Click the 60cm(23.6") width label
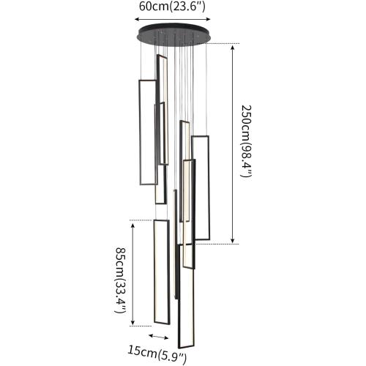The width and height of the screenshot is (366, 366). [x=172, y=7]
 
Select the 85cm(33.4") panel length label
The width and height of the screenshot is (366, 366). [x=120, y=280]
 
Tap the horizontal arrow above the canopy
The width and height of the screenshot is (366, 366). [x=173, y=19]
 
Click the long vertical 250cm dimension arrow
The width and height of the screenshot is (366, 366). [x=233, y=144]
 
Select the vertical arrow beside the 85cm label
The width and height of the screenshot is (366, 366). [x=132, y=274]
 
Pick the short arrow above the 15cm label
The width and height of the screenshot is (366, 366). [x=159, y=337]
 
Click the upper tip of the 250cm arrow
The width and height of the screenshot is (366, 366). [x=233, y=45]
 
